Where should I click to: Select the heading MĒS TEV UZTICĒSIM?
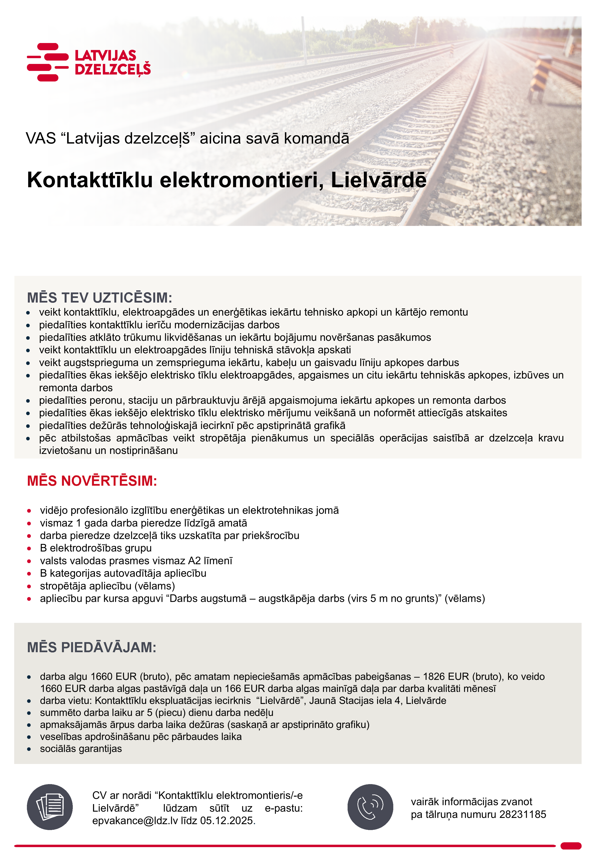coord(99,298)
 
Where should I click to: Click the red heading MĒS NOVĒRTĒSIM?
coord(92,481)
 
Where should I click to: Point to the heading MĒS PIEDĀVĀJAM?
coord(92,647)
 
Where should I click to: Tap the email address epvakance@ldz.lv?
coord(135,821)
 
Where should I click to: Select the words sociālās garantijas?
coord(81,749)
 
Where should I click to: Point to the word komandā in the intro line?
coord(317,139)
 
